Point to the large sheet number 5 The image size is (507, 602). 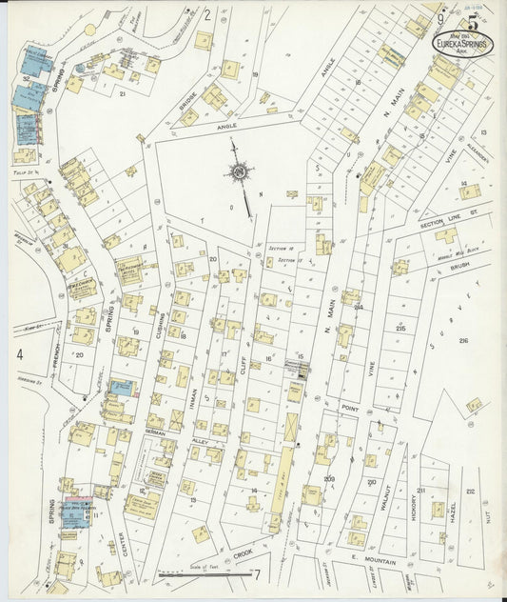click(x=473, y=16)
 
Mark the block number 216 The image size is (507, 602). click(x=463, y=340)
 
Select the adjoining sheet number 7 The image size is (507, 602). click(x=256, y=574)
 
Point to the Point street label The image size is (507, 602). click(x=347, y=407)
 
